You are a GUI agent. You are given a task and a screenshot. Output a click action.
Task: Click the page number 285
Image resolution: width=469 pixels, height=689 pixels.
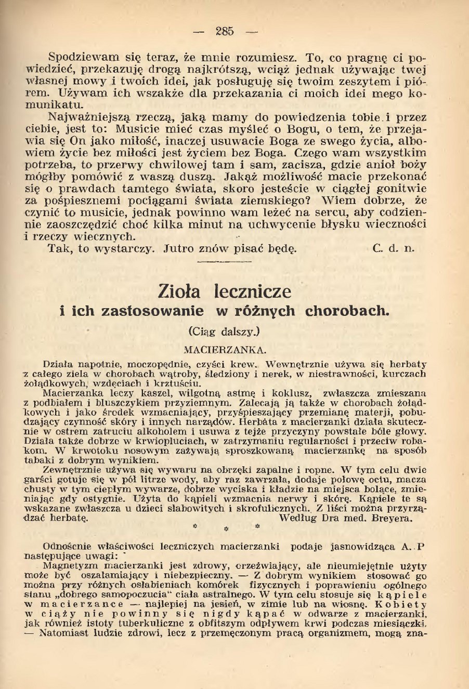[x=225, y=31]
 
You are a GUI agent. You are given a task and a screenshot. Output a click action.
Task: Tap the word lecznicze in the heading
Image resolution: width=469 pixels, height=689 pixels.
[x=253, y=290]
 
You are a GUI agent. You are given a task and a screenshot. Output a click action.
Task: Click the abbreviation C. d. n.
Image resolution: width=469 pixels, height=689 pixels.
[x=394, y=248]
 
